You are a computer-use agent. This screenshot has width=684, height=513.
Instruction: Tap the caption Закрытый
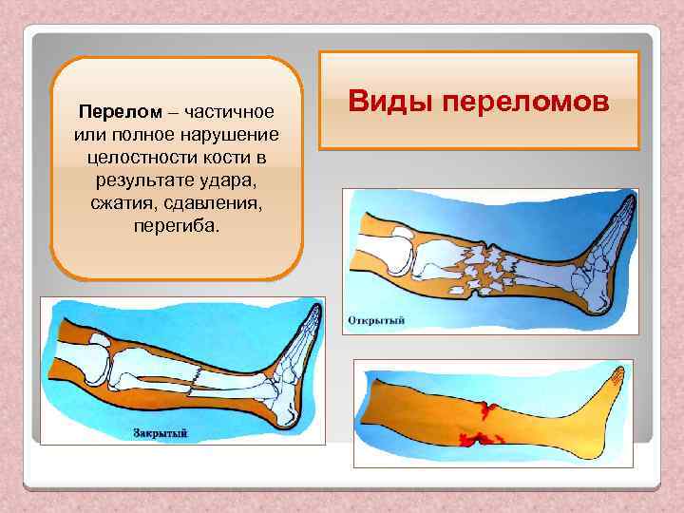click(x=159, y=433)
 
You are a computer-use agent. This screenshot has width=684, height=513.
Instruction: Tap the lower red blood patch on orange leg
click(x=480, y=440)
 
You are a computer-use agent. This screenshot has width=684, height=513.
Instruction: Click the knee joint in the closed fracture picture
click(x=104, y=366)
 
